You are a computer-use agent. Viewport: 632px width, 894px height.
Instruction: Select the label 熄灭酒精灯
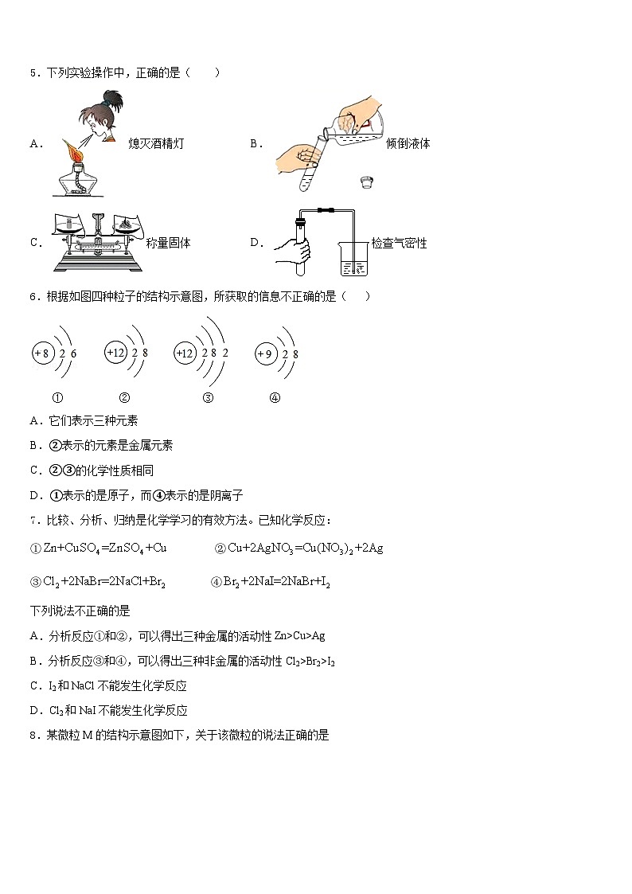tap(156, 144)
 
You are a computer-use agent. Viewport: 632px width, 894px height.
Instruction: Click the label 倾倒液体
tap(408, 144)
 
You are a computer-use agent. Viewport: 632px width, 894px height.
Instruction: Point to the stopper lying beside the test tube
tap(367, 181)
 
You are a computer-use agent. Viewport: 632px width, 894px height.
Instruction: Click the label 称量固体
tap(169, 243)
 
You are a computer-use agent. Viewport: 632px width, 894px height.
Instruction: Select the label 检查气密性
tap(399, 243)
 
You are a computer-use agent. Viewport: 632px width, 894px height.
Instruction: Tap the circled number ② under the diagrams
tap(124, 398)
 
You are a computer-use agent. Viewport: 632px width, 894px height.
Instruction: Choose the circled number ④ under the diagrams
tap(275, 398)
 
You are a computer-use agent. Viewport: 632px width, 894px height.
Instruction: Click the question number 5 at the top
tap(33, 73)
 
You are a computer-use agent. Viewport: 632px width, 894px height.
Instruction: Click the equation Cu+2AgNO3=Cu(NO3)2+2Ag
tap(305, 548)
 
